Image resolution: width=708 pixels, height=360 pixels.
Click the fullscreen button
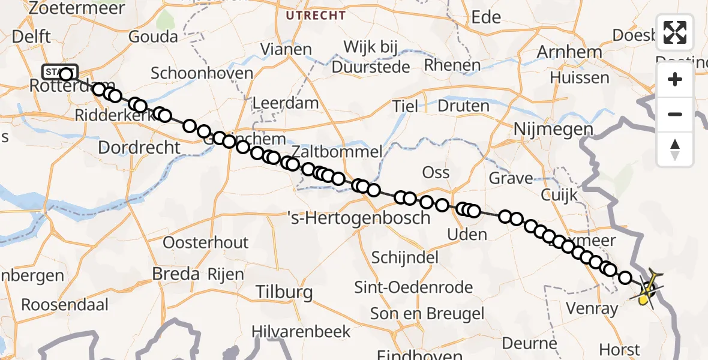(675, 32)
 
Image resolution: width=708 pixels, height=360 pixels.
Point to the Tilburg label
(284, 292)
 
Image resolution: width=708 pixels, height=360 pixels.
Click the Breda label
(176, 274)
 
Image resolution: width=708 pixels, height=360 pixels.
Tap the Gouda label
(153, 37)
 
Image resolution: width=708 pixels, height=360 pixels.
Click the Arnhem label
(569, 52)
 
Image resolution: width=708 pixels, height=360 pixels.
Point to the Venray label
(592, 309)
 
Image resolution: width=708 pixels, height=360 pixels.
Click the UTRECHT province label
(316, 15)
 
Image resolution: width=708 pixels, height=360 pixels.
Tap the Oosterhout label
(206, 242)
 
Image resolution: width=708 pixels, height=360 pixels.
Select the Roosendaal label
(65, 304)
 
